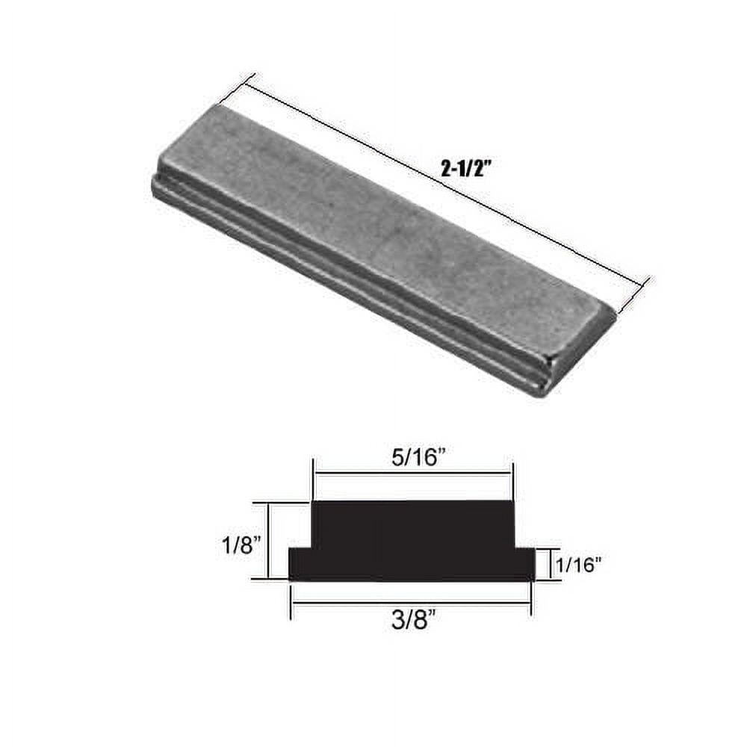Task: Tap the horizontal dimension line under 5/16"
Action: [x=413, y=473]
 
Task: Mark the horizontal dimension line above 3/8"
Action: [x=410, y=603]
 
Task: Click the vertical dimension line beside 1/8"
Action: [x=268, y=540]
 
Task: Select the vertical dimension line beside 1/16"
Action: [x=553, y=565]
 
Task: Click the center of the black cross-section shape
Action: [x=412, y=542]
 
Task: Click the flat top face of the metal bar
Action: [x=388, y=232]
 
